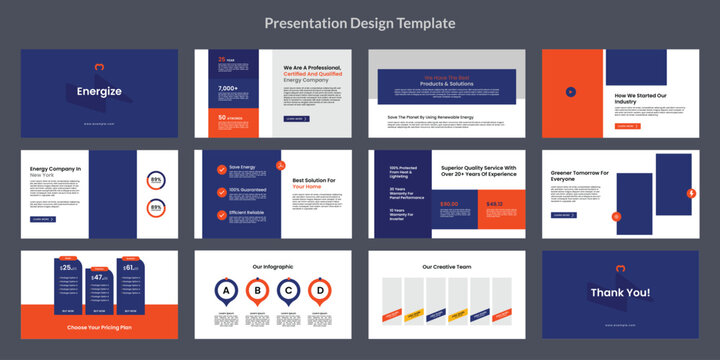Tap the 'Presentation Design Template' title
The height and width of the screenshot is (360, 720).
coord(360,22)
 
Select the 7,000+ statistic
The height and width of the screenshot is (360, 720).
coord(229,87)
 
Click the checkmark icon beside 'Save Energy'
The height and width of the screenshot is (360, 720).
coord(221,168)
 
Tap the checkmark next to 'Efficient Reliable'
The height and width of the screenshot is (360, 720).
coord(221,214)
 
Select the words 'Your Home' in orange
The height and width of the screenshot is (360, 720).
coord(307,186)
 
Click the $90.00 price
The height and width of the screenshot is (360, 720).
coord(449,204)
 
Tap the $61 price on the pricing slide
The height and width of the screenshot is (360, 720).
coord(131,268)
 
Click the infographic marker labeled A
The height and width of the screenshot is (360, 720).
coord(228,292)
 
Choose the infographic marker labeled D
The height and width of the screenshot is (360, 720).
coord(319,292)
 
